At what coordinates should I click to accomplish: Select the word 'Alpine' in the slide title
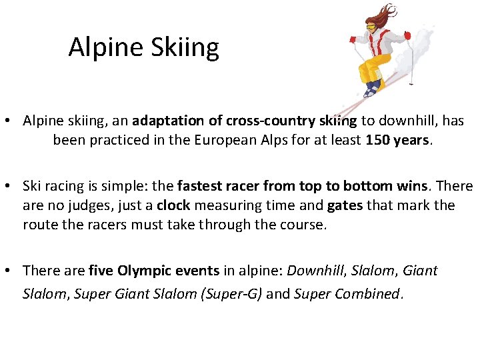point(101,48)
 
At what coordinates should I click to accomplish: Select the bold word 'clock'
point(173,205)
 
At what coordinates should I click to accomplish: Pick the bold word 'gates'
point(345,205)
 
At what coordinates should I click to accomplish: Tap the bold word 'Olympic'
point(145,271)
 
